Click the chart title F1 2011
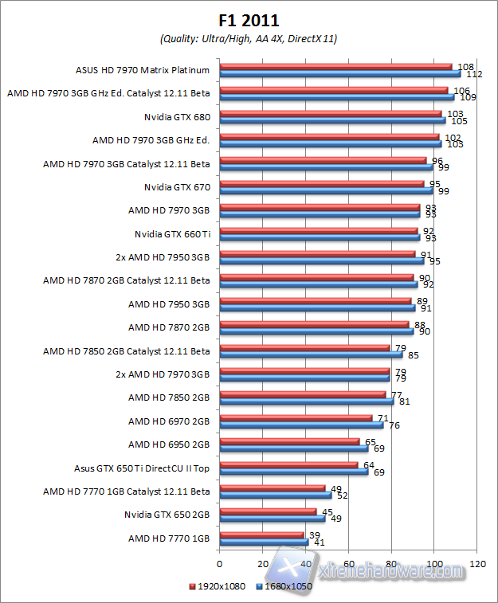[x=249, y=20]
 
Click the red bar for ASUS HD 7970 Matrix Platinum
[x=335, y=67]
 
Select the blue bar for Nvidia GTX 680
[x=331, y=120]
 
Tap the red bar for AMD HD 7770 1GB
[x=261, y=534]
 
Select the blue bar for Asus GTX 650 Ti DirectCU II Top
[x=293, y=472]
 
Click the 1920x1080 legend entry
[x=219, y=586]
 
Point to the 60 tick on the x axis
[x=348, y=563]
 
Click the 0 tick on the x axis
[x=219, y=563]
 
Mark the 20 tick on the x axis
[x=262, y=563]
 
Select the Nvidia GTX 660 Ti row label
[x=171, y=234]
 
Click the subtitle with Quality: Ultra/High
[x=249, y=38]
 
